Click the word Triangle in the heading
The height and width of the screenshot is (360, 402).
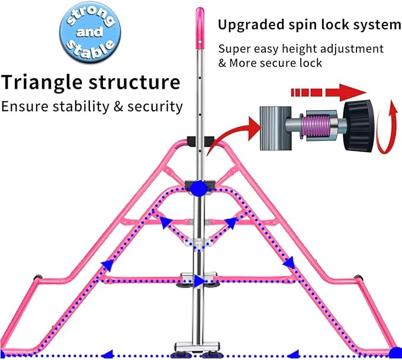[43, 82]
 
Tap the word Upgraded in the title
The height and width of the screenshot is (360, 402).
[251, 25]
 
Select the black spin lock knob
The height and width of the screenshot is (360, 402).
[358, 126]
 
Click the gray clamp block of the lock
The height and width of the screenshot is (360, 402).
[276, 128]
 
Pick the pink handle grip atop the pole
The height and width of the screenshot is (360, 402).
[200, 28]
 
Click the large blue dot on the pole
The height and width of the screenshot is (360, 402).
[199, 189]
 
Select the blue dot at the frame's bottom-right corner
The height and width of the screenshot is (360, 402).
[395, 353]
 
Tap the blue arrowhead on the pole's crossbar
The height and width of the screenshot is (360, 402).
[200, 281]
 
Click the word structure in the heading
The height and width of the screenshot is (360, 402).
[134, 82]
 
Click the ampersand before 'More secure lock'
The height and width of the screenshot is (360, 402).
[222, 63]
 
